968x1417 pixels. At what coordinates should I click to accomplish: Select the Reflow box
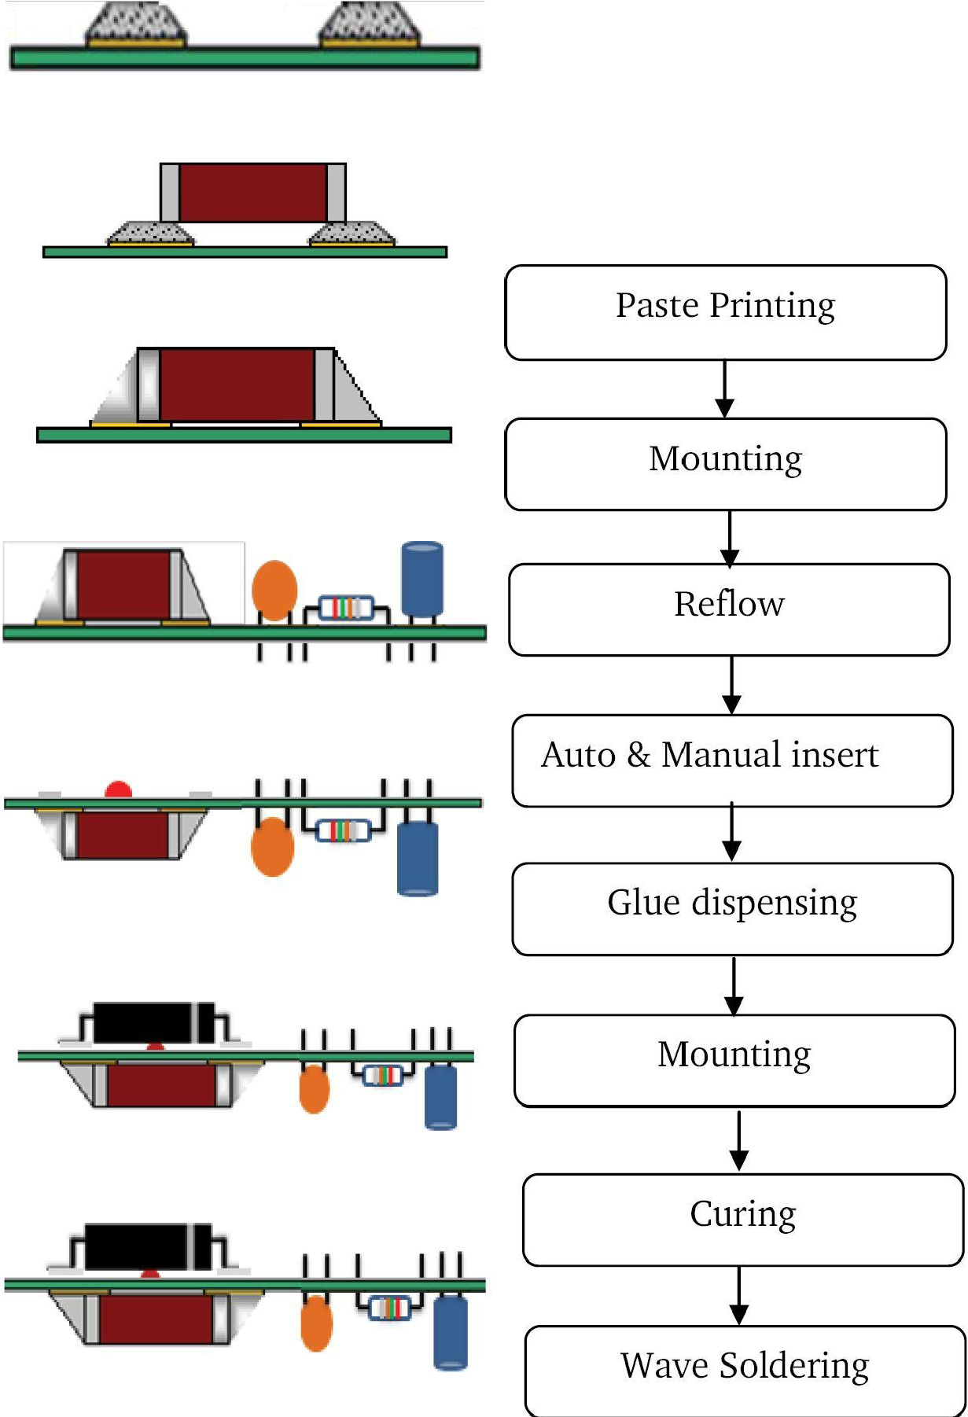(x=729, y=609)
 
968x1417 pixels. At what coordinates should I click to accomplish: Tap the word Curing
(x=742, y=1214)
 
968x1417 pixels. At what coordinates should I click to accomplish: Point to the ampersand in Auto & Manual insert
(x=638, y=756)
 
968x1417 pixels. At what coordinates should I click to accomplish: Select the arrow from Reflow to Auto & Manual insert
(x=732, y=685)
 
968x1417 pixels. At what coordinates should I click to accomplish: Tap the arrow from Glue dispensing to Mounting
(x=734, y=985)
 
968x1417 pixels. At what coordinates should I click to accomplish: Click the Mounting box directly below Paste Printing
(x=725, y=464)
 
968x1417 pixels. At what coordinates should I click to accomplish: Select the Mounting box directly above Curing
(x=734, y=1061)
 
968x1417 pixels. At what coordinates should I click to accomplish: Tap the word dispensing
(x=774, y=904)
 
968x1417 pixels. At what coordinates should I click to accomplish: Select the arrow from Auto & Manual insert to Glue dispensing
(x=732, y=834)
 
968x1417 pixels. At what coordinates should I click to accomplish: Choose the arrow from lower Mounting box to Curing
(x=738, y=1140)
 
